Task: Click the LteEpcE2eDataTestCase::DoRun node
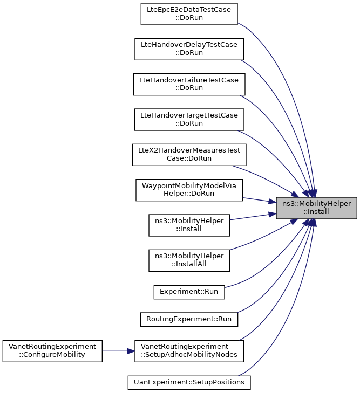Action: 189,13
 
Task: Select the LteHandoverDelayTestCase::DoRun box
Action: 189,49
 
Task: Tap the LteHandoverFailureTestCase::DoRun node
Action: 189,84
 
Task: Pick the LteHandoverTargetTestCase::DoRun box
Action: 189,119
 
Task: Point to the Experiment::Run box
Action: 189,291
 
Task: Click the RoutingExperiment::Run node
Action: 189,319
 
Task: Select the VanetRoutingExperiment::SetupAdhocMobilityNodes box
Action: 189,350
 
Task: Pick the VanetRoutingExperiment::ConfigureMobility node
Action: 52,350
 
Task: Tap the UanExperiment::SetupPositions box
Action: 189,382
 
